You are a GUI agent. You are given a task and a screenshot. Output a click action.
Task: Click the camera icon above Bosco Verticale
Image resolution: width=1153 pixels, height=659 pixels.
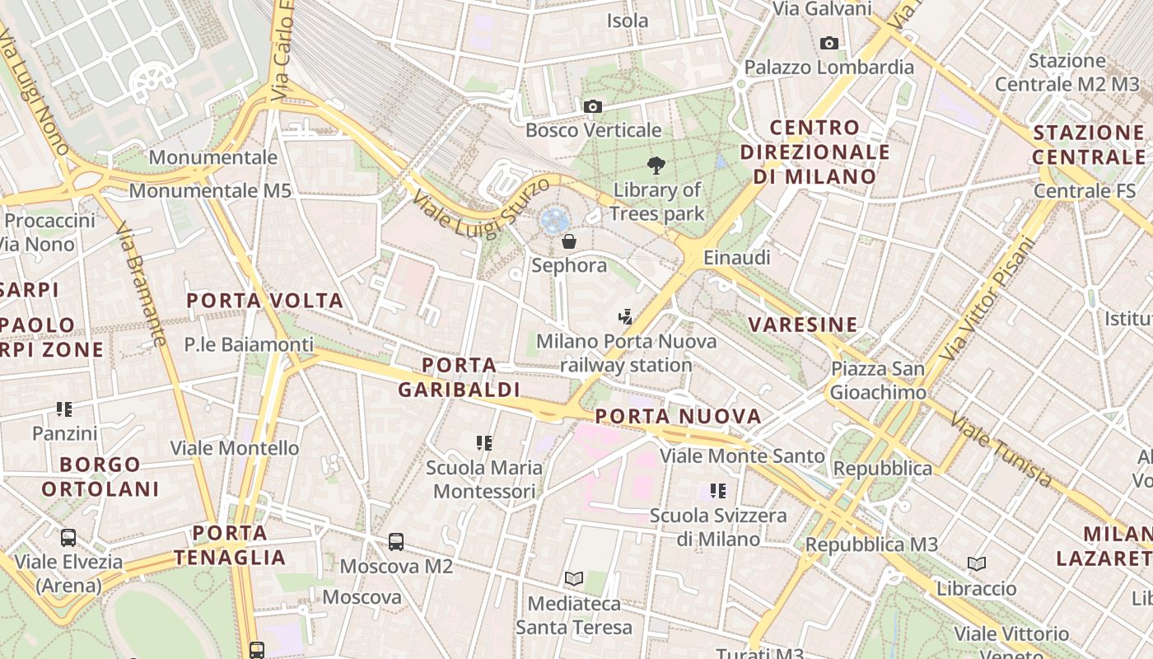tap(592, 106)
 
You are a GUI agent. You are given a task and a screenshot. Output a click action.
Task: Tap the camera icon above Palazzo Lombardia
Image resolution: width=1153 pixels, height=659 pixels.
tap(829, 43)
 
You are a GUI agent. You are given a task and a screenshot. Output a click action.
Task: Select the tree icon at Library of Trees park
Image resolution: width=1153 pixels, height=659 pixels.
tap(656, 166)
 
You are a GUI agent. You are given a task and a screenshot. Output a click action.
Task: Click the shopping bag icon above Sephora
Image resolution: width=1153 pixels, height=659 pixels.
tap(568, 241)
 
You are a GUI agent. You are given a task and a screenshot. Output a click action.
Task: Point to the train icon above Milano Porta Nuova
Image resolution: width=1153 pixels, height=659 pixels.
tap(626, 316)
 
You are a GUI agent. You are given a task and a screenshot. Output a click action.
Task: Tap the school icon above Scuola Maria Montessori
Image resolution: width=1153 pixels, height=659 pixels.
tap(484, 443)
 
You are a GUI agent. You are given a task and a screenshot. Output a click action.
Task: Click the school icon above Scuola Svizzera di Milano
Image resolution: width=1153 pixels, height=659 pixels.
tap(718, 491)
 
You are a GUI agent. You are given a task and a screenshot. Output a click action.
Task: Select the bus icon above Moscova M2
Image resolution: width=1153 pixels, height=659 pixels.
tap(396, 542)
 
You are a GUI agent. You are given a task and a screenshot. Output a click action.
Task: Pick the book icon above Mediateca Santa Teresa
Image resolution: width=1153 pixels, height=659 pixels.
tap(574, 579)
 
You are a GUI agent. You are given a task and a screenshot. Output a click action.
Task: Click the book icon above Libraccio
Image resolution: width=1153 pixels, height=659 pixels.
tap(977, 564)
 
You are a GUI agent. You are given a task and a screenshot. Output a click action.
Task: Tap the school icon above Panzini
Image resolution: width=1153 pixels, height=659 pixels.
tap(64, 409)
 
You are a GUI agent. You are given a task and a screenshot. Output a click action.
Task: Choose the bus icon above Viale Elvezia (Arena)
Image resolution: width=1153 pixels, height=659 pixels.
tap(68, 538)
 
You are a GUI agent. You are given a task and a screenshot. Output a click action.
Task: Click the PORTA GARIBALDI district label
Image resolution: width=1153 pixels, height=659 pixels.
tap(459, 377)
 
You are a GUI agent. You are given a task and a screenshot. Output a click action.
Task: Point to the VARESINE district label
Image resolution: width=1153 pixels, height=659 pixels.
tap(803, 325)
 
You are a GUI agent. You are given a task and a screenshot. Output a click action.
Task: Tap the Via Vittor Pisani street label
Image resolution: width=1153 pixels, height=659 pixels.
tap(987, 299)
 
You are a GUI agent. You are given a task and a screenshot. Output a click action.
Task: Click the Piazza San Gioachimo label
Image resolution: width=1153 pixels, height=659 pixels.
tap(878, 381)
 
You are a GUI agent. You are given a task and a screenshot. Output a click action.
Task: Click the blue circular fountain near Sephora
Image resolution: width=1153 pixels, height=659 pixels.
tap(553, 220)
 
